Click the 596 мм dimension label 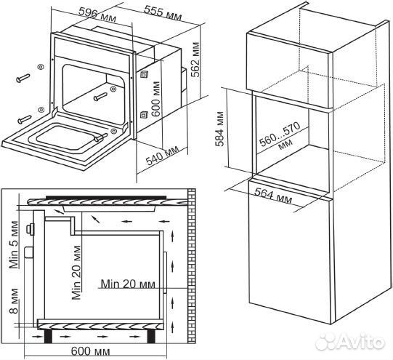click(97, 15)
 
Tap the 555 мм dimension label click(163, 12)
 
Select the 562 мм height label click(195, 60)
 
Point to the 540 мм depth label click(163, 156)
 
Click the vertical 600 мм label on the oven click(156, 99)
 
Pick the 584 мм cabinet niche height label click(219, 129)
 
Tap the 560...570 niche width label click(280, 136)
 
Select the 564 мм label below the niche click(273, 196)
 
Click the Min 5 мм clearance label click(14, 244)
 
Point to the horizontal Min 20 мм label click(128, 284)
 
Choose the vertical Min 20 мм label click(76, 273)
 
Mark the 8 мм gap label click(14, 301)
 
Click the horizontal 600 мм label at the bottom click(91, 351)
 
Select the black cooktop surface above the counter click(106, 198)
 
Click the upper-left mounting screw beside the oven click(23, 78)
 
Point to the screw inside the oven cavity click(100, 97)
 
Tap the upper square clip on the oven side click(144, 74)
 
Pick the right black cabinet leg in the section click(151, 336)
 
